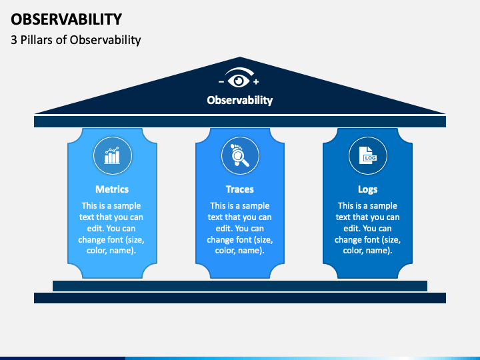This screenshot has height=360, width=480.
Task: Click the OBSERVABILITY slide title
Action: pyautogui.click(x=66, y=19)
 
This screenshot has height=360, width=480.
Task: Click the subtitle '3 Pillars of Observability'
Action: pyautogui.click(x=75, y=40)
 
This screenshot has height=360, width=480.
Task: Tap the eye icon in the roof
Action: pyautogui.click(x=239, y=79)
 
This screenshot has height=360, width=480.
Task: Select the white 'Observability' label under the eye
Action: pyautogui.click(x=240, y=100)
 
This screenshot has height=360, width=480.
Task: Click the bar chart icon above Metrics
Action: pyautogui.click(x=112, y=156)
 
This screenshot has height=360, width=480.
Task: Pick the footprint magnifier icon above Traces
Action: pyautogui.click(x=240, y=156)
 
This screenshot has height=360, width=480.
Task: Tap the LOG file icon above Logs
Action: pyautogui.click(x=368, y=156)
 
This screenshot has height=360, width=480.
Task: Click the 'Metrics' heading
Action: pyautogui.click(x=112, y=189)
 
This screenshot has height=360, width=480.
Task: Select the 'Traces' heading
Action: pyautogui.click(x=240, y=189)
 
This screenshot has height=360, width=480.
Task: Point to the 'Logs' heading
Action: pyautogui.click(x=368, y=189)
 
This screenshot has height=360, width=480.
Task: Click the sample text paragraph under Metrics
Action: pyautogui.click(x=112, y=228)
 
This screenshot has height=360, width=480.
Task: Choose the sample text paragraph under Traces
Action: pyautogui.click(x=240, y=228)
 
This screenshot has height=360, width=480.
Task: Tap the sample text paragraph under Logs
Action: pyautogui.click(x=368, y=228)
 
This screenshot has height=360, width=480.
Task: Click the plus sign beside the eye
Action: pyautogui.click(x=256, y=81)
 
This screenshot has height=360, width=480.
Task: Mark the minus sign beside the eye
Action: pyautogui.click(x=221, y=81)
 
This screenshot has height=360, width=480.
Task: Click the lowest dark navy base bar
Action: pyautogui.click(x=240, y=298)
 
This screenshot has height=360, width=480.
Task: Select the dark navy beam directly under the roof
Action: pyautogui.click(x=240, y=121)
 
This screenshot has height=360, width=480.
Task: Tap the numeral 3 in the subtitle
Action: pyautogui.click(x=14, y=40)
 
